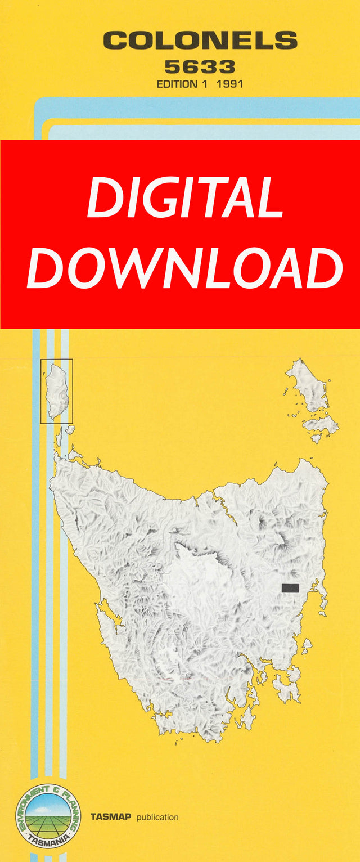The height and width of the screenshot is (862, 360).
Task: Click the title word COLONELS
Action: [x=200, y=41]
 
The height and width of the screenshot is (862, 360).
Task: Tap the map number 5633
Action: [x=200, y=68]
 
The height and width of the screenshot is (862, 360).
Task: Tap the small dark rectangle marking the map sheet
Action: [x=290, y=588]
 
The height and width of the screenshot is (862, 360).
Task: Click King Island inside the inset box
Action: [x=57, y=391]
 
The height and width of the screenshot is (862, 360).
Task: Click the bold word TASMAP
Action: [x=110, y=817]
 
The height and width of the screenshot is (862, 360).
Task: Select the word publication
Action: [x=157, y=817]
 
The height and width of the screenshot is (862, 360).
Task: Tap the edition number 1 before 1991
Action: [x=211, y=84]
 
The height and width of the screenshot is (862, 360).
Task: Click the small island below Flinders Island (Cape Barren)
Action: [x=319, y=423]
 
